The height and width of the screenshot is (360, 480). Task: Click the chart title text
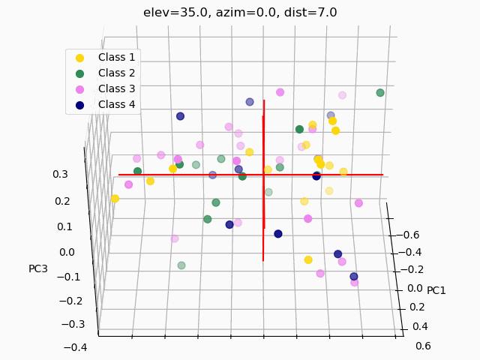coord(240,13)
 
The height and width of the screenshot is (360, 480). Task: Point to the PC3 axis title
coord(38,268)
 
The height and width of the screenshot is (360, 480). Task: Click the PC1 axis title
coord(436,290)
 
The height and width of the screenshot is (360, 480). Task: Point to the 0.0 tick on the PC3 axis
coord(66,252)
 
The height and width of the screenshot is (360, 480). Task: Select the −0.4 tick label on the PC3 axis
coord(76,347)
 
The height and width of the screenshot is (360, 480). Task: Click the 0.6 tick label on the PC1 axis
coord(422,346)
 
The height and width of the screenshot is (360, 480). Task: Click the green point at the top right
coord(380,93)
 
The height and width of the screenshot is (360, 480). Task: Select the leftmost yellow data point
coord(115,199)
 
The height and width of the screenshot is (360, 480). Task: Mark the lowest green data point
coord(181,265)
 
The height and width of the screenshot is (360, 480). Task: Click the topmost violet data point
coord(280,92)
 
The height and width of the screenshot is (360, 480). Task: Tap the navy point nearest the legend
coord(180,116)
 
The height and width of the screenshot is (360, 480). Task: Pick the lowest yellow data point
coord(308,259)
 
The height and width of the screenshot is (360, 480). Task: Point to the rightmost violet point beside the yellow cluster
coord(358,203)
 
